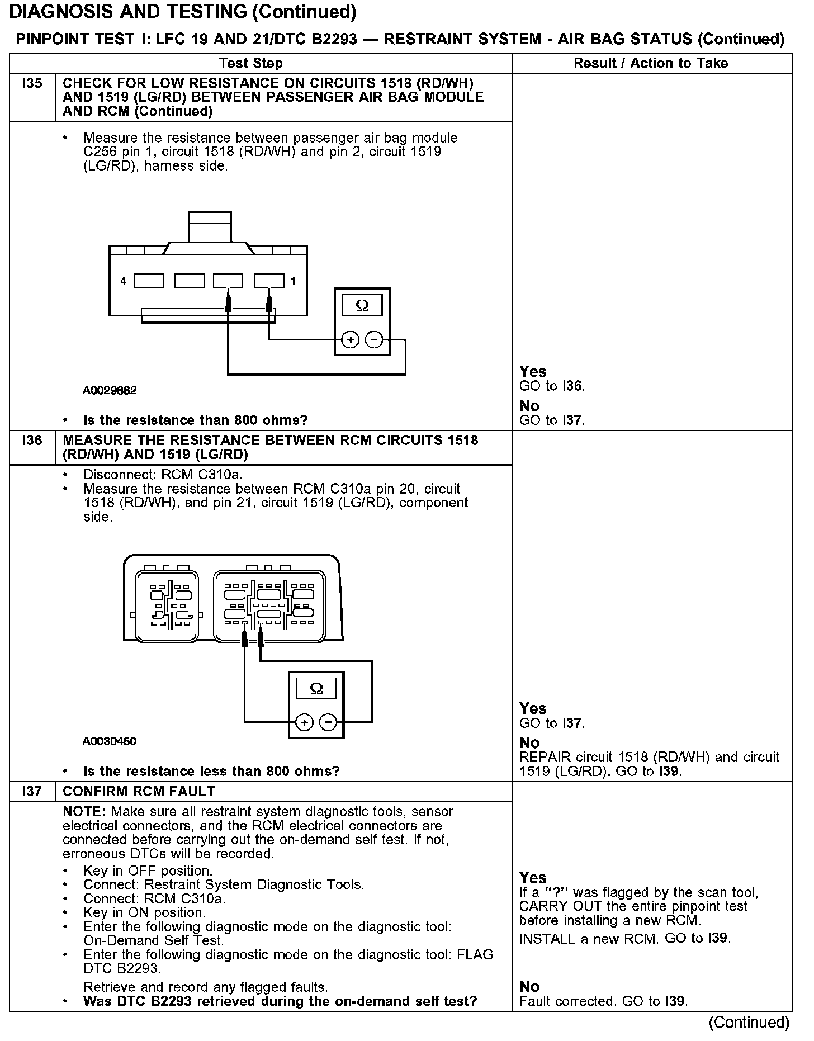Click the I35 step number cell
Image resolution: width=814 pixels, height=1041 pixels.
tap(32, 84)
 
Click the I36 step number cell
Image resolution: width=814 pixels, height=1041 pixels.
tap(32, 441)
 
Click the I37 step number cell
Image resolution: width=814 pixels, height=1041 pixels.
tap(32, 791)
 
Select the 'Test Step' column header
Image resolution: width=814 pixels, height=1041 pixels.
tap(251, 63)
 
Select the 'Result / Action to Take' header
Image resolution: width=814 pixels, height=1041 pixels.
tap(651, 63)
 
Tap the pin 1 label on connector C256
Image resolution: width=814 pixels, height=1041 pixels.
tap(293, 281)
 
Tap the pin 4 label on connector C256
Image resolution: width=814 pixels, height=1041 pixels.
tap(124, 281)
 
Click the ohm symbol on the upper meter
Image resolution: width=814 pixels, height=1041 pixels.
tap(362, 306)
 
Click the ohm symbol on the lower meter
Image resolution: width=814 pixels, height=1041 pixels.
tap(316, 689)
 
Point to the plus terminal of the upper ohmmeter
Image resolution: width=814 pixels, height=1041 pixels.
tap(350, 339)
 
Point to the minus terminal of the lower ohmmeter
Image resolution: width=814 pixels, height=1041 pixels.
tap(328, 723)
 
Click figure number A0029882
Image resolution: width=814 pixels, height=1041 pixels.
tap(110, 390)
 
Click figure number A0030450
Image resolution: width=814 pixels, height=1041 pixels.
tap(109, 741)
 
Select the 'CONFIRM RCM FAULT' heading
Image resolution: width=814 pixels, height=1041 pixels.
tap(139, 791)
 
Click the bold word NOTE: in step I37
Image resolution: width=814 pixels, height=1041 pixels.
tap(85, 811)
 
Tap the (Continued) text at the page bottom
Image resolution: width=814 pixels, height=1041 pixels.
tap(749, 1022)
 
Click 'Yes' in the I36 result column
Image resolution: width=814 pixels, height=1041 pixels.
tap(533, 708)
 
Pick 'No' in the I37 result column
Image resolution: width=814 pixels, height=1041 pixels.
tap(529, 986)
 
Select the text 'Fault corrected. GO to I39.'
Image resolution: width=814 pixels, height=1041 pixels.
tap(603, 1001)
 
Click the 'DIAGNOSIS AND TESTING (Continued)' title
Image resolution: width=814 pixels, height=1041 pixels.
tap(183, 11)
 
